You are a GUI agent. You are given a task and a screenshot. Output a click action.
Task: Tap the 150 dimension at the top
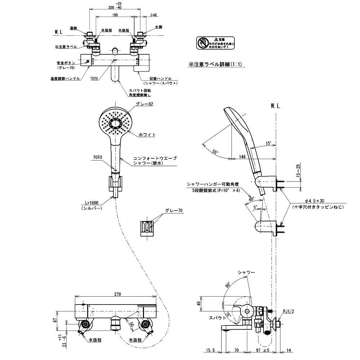coord(115,15)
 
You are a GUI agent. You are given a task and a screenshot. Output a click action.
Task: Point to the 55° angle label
coord(215,152)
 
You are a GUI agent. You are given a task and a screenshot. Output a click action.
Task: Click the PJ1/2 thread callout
coord(288,311)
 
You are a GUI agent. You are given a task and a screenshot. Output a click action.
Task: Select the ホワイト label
coord(147,135)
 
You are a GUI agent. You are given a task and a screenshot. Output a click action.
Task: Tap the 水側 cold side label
coord(159,27)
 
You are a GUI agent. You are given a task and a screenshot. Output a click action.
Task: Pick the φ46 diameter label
coord(154,15)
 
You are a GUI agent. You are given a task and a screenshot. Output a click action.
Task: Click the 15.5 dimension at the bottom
coord(211,350)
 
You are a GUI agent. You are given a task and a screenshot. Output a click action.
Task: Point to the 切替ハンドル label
coord(160,78)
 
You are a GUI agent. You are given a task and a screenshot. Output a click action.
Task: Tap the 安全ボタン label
coord(66,63)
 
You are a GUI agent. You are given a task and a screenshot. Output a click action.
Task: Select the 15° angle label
coord(268,143)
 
